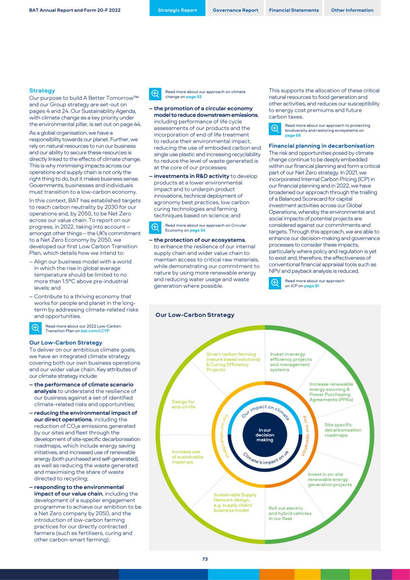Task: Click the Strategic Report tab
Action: [177, 10]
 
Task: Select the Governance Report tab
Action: [236, 10]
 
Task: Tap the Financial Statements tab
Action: [294, 10]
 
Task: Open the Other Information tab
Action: [352, 10]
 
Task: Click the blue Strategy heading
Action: [42, 91]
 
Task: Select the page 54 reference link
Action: [197, 230]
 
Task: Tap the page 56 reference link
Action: [293, 136]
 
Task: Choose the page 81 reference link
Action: [312, 286]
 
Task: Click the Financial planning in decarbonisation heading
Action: [321, 146]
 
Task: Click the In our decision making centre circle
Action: [265, 435]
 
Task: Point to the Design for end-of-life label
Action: [183, 404]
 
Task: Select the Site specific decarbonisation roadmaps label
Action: [343, 430]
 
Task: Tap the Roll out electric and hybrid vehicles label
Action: [290, 513]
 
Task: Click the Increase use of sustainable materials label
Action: [187, 457]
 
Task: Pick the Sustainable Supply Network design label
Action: [235, 503]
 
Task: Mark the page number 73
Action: [205, 559]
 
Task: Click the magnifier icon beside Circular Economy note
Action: [155, 227]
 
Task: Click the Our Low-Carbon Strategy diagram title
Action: [195, 315]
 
